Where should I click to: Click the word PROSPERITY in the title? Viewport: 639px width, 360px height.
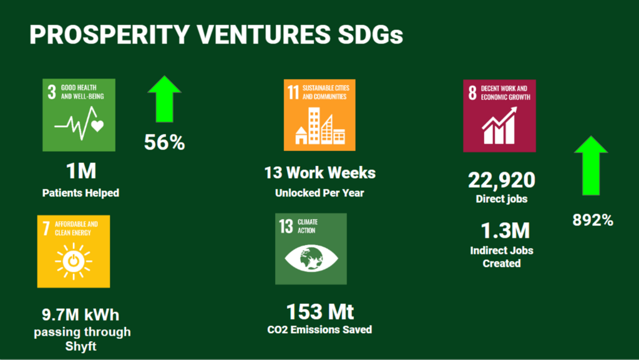tap(109, 34)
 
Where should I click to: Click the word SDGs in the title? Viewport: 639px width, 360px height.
tap(370, 34)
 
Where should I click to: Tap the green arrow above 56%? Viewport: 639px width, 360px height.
tap(165, 99)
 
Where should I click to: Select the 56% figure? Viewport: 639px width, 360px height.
tap(165, 142)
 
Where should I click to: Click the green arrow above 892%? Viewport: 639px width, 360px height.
tap(591, 165)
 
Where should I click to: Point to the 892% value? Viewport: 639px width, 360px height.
tap(593, 220)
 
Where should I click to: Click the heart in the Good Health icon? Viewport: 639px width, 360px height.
tap(97, 126)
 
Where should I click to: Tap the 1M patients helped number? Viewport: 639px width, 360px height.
tap(82, 171)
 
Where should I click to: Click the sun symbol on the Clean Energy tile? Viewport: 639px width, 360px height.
tap(74, 261)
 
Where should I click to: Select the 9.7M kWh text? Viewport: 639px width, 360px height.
tap(80, 315)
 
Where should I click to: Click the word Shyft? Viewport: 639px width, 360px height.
tap(80, 346)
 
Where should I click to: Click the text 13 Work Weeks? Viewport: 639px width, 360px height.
tap(320, 173)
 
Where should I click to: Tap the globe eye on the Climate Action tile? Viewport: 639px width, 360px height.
tap(311, 258)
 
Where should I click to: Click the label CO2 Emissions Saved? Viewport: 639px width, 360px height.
tap(319, 329)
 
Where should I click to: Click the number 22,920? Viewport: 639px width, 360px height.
tap(502, 180)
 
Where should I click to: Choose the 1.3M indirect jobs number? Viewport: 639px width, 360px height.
tap(505, 230)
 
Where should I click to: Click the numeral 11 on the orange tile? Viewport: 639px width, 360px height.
tap(293, 92)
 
